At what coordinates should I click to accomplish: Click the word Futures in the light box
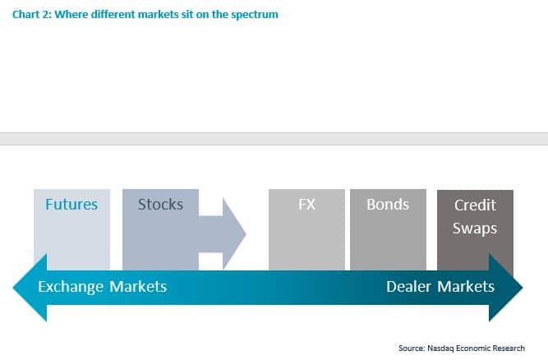click(71, 205)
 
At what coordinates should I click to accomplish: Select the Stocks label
click(160, 204)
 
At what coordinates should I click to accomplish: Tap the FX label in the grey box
click(306, 204)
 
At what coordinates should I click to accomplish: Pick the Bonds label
click(388, 204)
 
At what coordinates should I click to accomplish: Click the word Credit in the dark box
click(475, 205)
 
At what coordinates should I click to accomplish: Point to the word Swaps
click(475, 228)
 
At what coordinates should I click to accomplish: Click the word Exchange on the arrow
click(71, 286)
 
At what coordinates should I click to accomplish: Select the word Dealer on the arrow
click(409, 286)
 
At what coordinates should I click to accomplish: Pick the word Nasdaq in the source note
click(442, 348)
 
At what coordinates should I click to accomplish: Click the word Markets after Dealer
click(466, 286)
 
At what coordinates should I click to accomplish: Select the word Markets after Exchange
click(137, 286)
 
